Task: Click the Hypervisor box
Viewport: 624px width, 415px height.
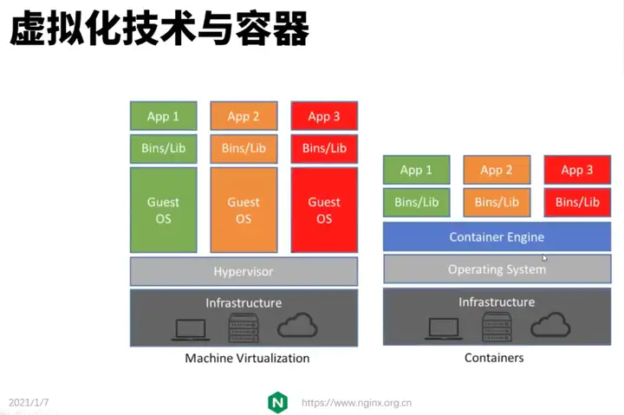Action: coord(244,271)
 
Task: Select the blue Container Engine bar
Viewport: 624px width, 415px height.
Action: coord(497,237)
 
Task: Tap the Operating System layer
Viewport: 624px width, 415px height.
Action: coord(497,269)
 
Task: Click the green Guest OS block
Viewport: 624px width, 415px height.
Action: coord(163,210)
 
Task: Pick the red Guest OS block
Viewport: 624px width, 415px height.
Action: coord(324,210)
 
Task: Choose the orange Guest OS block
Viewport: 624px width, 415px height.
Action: coord(244,210)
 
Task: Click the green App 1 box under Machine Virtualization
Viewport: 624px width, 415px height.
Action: coord(163,116)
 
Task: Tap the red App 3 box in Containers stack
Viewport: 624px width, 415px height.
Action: coord(577,170)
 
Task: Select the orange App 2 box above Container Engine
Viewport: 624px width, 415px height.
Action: coord(497,170)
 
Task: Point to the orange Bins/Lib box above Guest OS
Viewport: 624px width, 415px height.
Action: coord(244,148)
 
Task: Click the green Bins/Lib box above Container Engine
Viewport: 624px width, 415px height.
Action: coord(416,202)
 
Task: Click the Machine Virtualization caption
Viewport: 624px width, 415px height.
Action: coord(247,358)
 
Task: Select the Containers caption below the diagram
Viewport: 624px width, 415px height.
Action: coord(494,358)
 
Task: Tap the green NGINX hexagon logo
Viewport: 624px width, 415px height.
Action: coord(278,403)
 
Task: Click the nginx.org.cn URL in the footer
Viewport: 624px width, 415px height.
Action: coord(356,403)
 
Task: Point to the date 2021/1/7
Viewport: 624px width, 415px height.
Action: coord(29,402)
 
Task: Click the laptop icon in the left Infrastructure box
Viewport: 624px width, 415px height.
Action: coord(191,330)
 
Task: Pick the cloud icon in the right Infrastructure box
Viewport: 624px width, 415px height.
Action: coord(550,325)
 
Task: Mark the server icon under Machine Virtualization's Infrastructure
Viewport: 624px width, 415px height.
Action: coord(244,327)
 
